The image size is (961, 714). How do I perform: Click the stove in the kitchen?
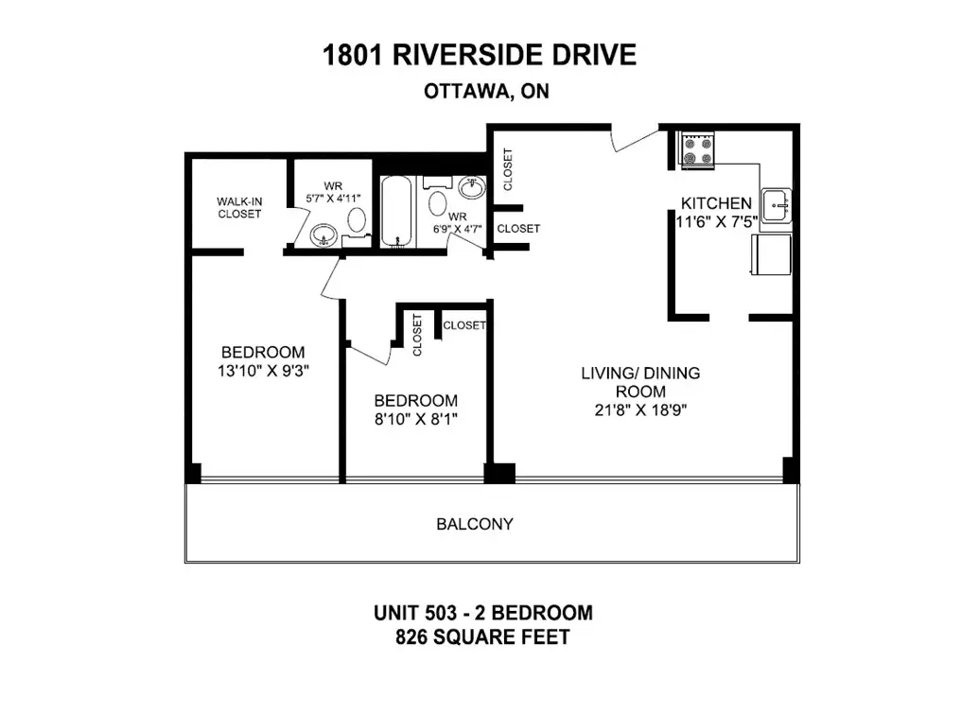pos(698,150)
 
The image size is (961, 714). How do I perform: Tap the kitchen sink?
pos(777,205)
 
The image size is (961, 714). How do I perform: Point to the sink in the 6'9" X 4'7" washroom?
pos(472,187)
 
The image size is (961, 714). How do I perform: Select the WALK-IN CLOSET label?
pos(239,208)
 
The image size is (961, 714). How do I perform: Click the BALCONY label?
pos(475,524)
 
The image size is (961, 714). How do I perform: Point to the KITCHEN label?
pos(716,203)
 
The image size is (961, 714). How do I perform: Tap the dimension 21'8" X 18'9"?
pos(640,410)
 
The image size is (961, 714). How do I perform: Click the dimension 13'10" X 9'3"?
pos(263,371)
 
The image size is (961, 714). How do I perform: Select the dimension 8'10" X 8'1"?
pos(416,419)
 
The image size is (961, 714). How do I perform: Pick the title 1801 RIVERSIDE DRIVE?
pos(480,55)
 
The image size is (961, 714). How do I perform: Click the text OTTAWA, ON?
pos(486,92)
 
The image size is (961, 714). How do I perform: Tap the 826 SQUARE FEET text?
pos(483,637)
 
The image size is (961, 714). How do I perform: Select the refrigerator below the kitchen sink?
pos(772,254)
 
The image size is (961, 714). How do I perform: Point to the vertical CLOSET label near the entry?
pos(508,170)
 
